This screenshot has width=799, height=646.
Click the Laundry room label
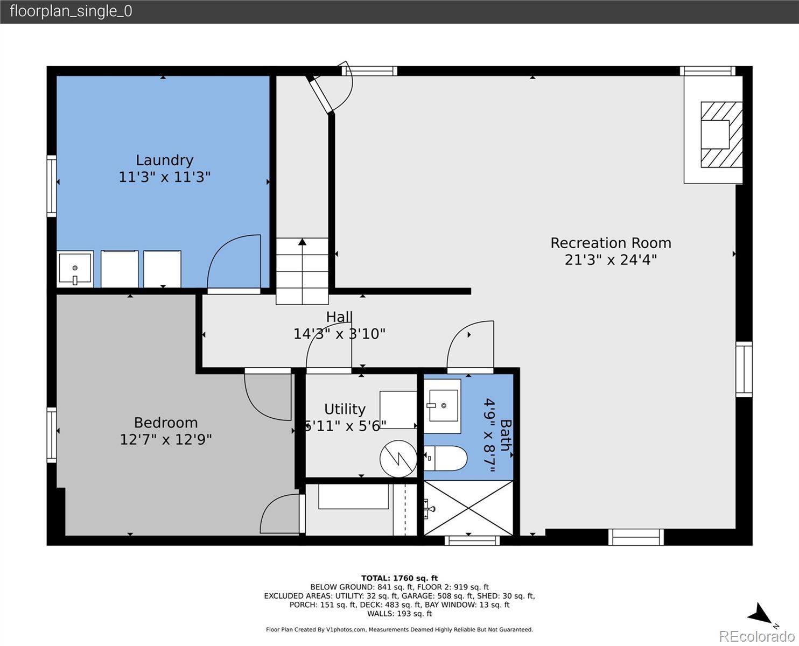tap(164, 160)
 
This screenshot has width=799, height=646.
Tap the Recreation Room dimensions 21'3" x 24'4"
tap(611, 259)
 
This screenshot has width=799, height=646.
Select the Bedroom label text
tap(165, 423)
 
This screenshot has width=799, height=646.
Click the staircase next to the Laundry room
tap(302, 271)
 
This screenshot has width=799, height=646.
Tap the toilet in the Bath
tap(445, 458)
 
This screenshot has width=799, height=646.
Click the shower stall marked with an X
tap(468, 508)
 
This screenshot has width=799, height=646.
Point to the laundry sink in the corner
tap(75, 269)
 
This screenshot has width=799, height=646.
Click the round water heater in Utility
tap(398, 459)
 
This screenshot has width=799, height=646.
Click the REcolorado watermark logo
tap(756, 636)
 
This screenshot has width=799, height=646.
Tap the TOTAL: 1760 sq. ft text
tap(399, 578)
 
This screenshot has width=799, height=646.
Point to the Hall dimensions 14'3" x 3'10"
tap(339, 333)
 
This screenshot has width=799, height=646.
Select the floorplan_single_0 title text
tap(71, 11)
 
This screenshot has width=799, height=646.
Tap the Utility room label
tap(345, 409)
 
